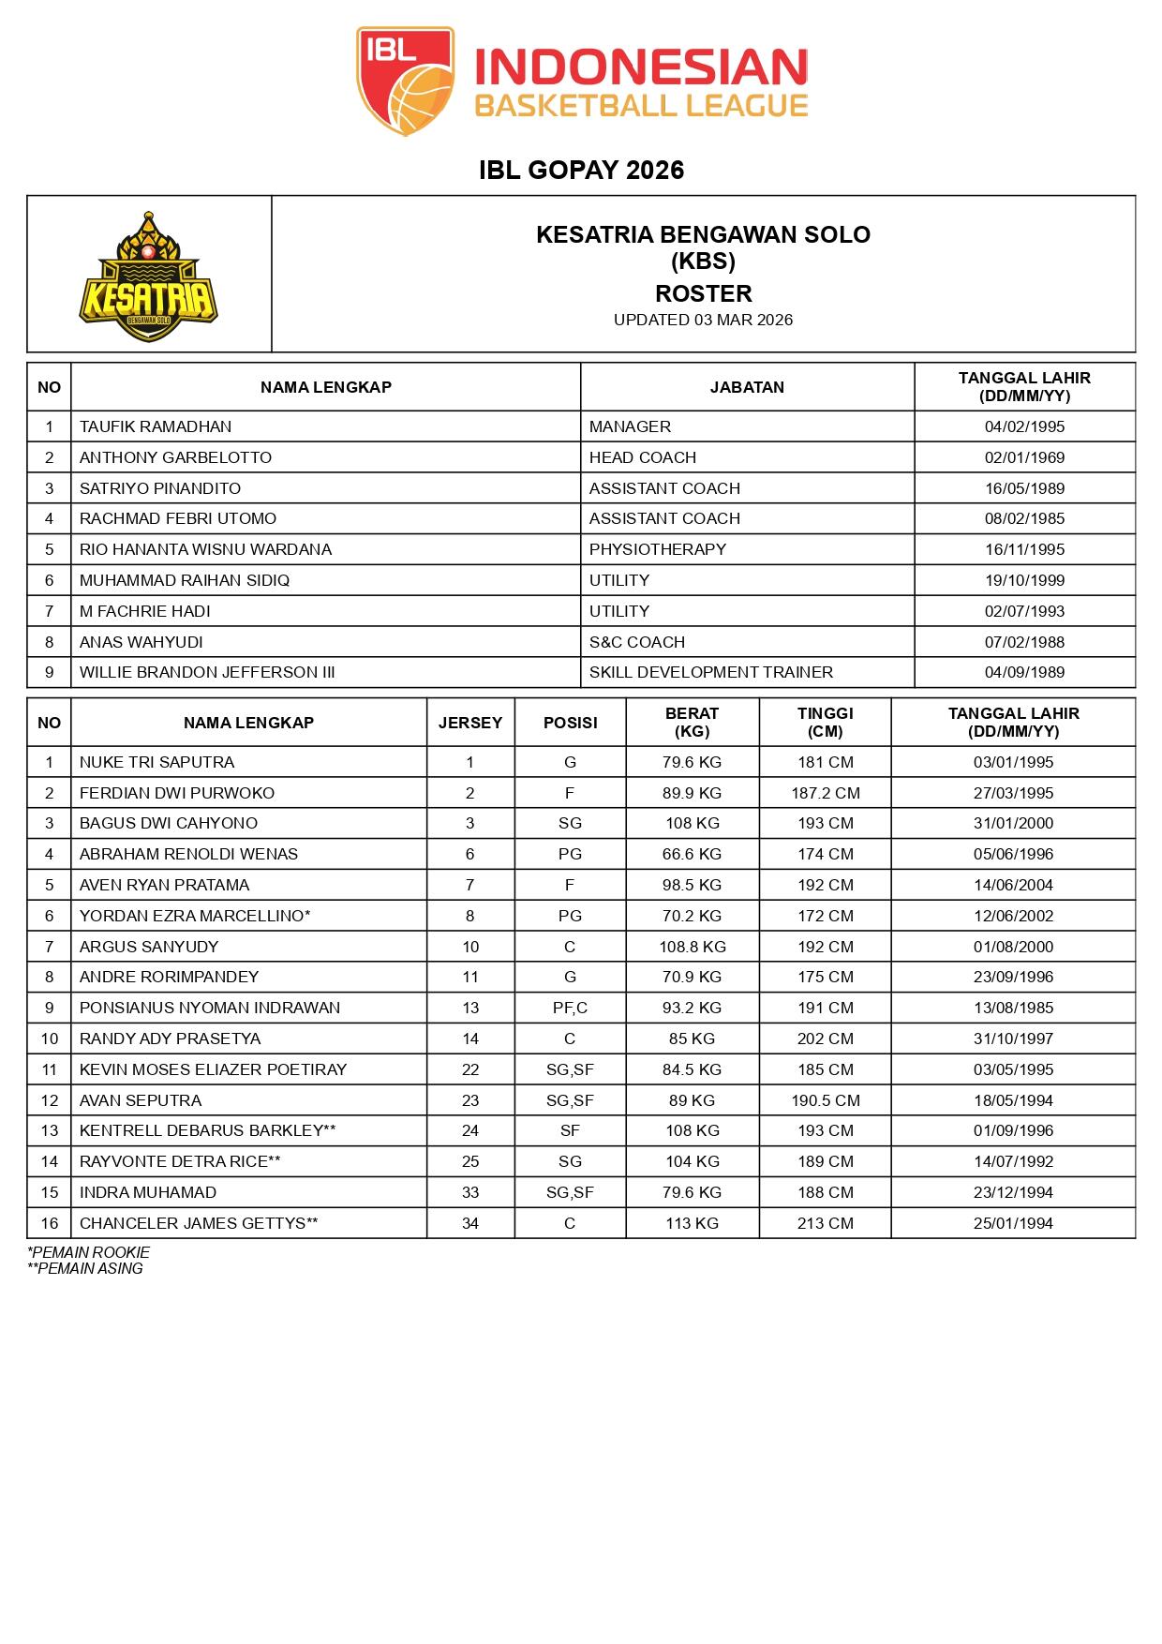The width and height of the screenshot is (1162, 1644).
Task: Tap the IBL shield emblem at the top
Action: click(405, 82)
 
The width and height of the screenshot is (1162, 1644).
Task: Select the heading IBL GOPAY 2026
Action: click(581, 170)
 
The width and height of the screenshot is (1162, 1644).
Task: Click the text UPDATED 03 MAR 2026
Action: click(703, 320)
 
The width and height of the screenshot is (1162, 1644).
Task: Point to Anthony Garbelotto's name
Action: click(175, 457)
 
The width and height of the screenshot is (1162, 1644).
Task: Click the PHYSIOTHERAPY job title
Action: click(658, 549)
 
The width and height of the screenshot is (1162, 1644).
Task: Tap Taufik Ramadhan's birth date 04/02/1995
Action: click(1024, 426)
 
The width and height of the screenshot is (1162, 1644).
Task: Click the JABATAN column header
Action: click(747, 387)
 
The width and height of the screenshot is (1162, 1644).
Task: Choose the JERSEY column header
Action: click(470, 723)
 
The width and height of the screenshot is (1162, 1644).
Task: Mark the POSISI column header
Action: click(570, 723)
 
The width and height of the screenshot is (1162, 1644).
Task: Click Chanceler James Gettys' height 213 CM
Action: click(825, 1223)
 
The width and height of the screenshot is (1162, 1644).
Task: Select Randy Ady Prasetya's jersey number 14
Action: click(470, 1039)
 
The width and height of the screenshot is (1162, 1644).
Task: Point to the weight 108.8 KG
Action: click(692, 947)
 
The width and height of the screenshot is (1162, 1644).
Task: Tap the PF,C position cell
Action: click(570, 1008)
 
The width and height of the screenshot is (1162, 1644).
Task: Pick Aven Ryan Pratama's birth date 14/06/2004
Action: click(1013, 885)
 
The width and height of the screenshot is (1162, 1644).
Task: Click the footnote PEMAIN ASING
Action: click(85, 1269)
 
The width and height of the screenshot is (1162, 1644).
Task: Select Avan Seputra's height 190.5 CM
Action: click(825, 1100)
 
